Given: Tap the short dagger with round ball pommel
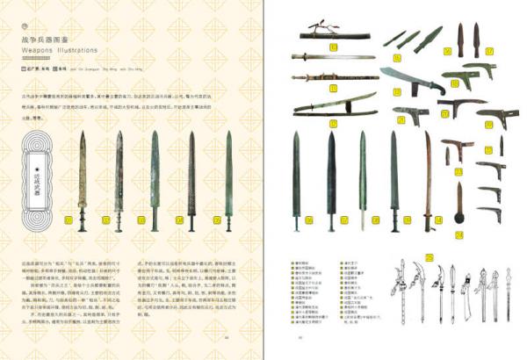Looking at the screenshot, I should [x=459, y=202].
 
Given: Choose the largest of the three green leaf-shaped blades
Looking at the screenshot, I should [x=429, y=38].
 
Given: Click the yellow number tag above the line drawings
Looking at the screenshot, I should [x=429, y=258].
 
